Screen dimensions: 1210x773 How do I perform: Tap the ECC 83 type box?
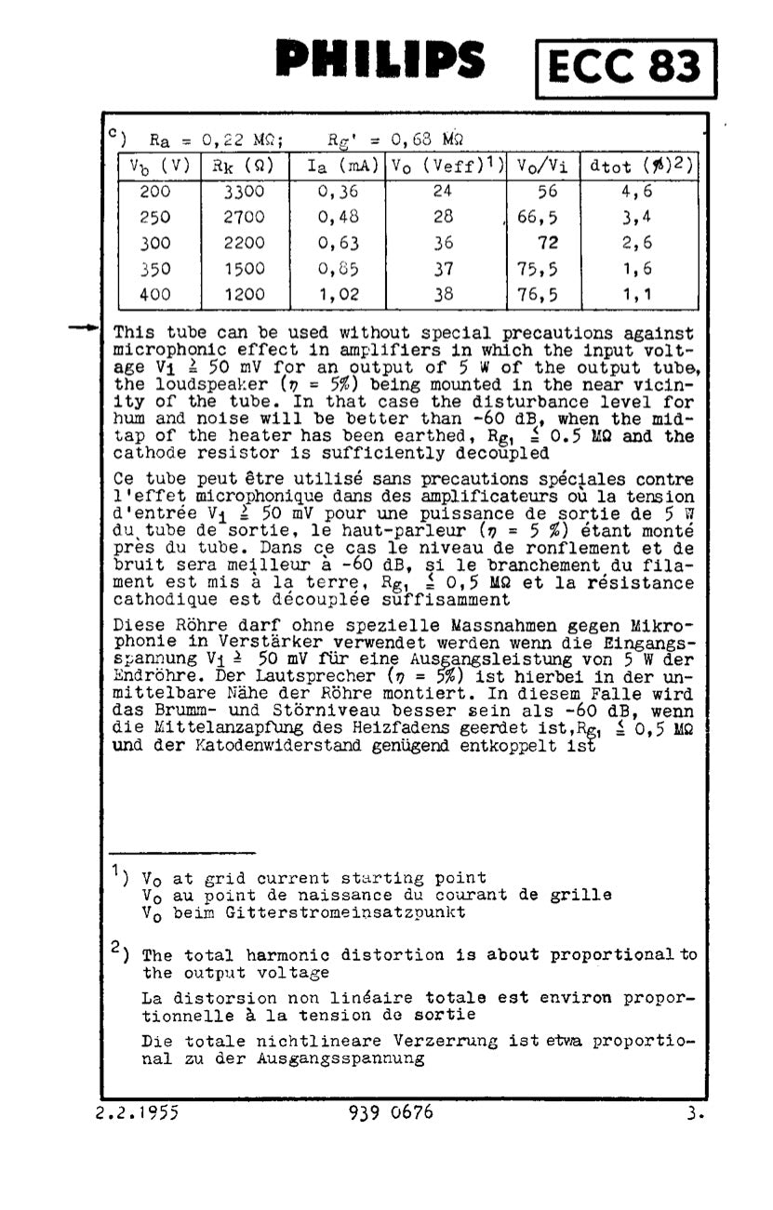pyautogui.click(x=626, y=68)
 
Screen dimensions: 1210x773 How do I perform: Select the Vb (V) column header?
pyautogui.click(x=159, y=167)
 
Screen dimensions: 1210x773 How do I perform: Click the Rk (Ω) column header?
pyautogui.click(x=244, y=167)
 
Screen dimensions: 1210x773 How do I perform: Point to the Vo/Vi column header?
pyautogui.click(x=542, y=167)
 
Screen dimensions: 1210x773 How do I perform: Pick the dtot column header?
pyautogui.click(x=640, y=167)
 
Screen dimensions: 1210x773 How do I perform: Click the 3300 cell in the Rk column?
pyautogui.click(x=244, y=192)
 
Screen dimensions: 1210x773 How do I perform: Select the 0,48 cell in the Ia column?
pyautogui.click(x=338, y=217)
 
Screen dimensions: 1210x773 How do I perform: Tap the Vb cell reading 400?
pyautogui.click(x=155, y=295)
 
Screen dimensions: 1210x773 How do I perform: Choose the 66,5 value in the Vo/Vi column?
pyautogui.click(x=537, y=217)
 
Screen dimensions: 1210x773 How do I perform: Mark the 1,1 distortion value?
pyautogui.click(x=637, y=295)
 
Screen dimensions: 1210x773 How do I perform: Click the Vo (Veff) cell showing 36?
pyautogui.click(x=443, y=243)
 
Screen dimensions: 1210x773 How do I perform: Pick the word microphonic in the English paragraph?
pyautogui.click(x=164, y=351)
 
